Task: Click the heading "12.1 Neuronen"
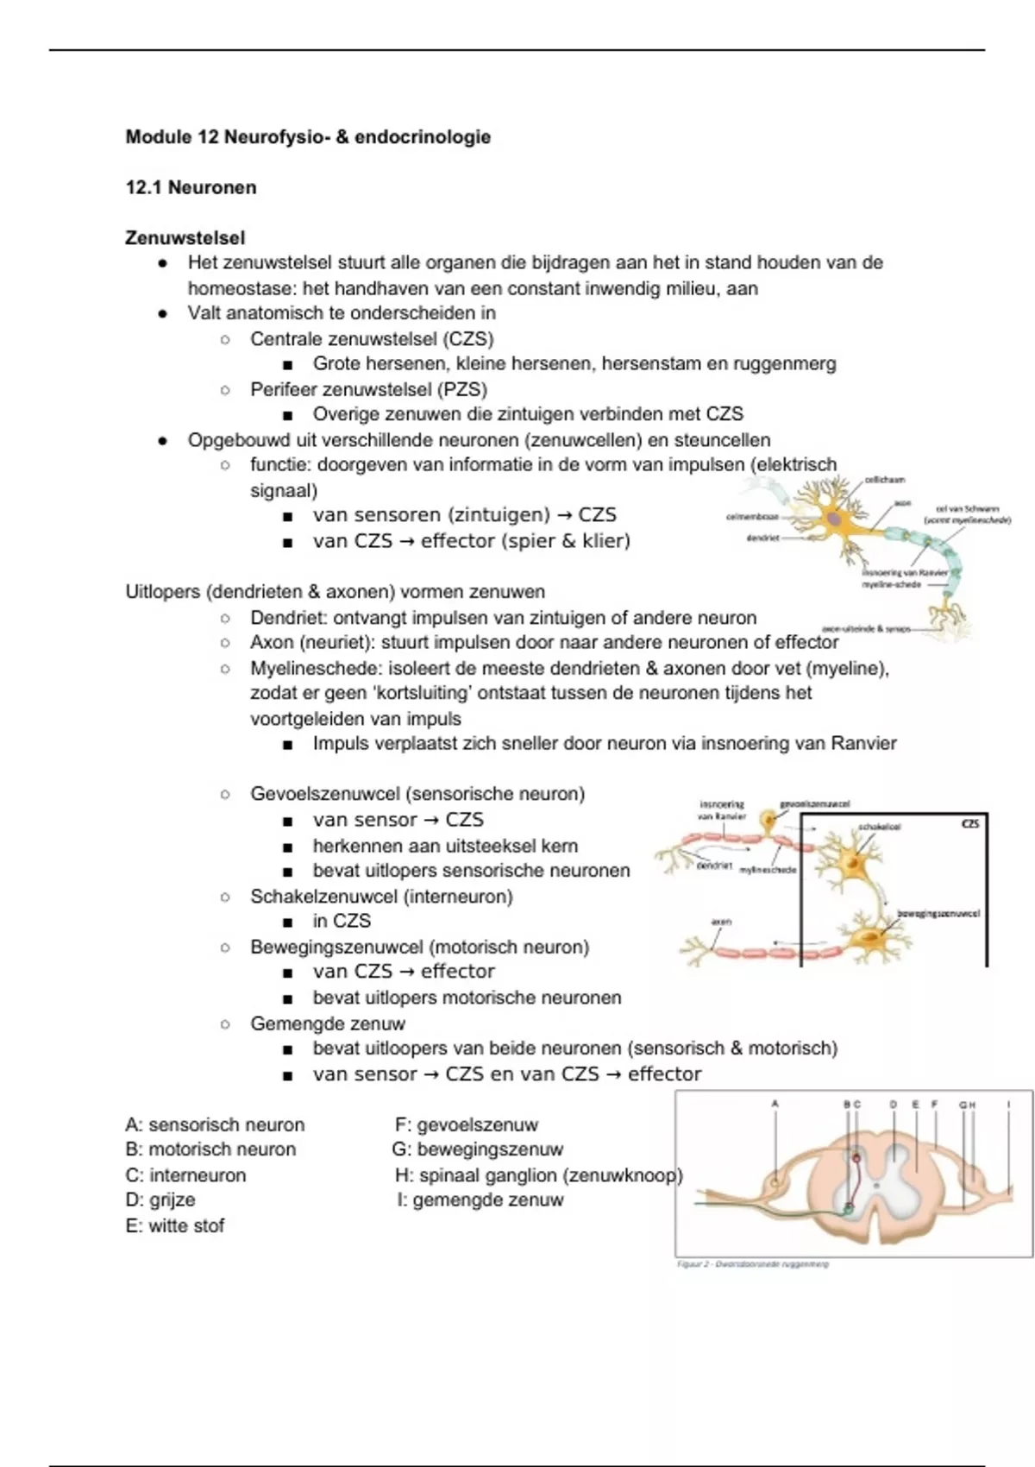pyautogui.click(x=191, y=187)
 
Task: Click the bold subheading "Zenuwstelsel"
pyautogui.click(x=185, y=237)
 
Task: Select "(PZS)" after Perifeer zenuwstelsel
pyautogui.click(x=462, y=389)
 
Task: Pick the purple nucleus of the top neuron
pyautogui.click(x=834, y=519)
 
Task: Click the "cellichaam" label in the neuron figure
pyautogui.click(x=884, y=480)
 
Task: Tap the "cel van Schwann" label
pyautogui.click(x=968, y=509)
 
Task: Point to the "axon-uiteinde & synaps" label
pyautogui.click(x=866, y=629)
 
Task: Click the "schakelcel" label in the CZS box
pyautogui.click(x=879, y=827)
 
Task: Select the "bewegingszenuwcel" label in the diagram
pyautogui.click(x=938, y=913)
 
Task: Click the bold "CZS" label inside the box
pyautogui.click(x=970, y=824)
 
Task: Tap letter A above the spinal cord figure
pyautogui.click(x=775, y=1103)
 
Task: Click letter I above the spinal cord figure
pyautogui.click(x=1008, y=1103)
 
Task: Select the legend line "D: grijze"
pyautogui.click(x=160, y=1199)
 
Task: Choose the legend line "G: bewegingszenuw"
pyautogui.click(x=477, y=1149)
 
